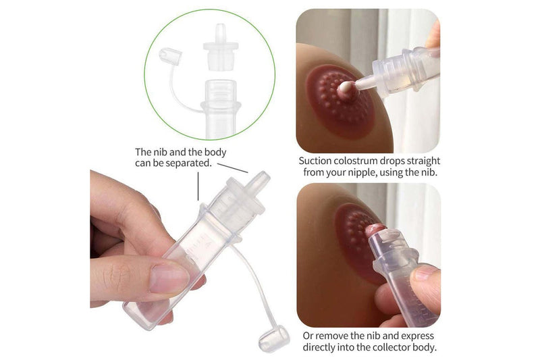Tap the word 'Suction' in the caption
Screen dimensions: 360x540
[317, 161]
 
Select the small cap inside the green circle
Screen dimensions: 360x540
[167, 56]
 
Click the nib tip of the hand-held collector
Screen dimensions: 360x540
[260, 180]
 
